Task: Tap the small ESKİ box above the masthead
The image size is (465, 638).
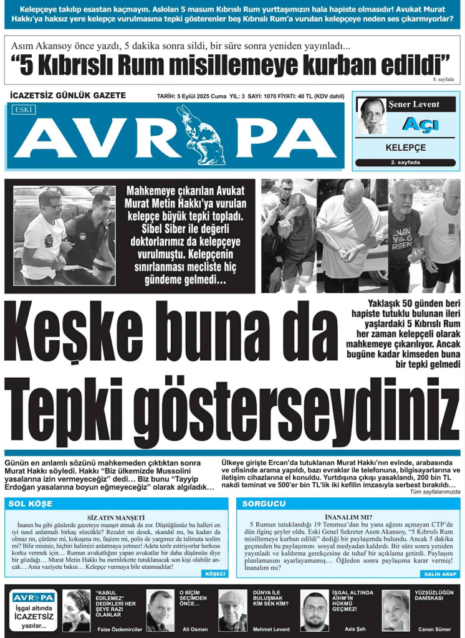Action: tap(24, 110)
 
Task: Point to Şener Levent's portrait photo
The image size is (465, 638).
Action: tap(372, 116)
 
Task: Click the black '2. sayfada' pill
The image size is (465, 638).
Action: tap(405, 163)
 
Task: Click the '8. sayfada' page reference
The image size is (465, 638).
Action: tap(443, 80)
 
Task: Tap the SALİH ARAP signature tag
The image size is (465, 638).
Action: tap(441, 573)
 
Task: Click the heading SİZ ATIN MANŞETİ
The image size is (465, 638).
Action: tap(117, 517)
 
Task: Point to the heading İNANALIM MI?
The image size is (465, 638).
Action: tap(349, 517)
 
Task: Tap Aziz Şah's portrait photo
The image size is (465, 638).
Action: tap(314, 611)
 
